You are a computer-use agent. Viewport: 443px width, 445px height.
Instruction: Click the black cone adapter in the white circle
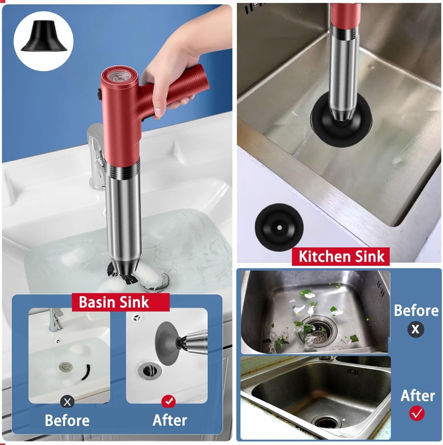click(x=44, y=38)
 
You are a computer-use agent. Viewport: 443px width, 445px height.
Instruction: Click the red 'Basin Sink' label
click(x=114, y=302)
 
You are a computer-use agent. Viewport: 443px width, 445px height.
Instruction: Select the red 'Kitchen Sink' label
click(x=341, y=256)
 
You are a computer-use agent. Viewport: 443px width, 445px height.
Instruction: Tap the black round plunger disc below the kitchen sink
click(x=279, y=227)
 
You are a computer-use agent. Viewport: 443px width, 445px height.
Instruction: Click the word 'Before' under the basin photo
click(x=67, y=420)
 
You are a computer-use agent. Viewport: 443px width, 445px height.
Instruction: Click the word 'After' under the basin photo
click(x=170, y=420)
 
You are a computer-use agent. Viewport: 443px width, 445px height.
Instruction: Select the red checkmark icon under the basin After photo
click(x=168, y=402)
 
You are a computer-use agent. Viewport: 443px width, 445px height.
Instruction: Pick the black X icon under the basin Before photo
click(x=67, y=402)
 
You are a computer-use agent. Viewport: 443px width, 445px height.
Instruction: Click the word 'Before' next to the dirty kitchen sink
click(x=416, y=310)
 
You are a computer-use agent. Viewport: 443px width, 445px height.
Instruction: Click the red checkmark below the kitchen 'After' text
click(x=417, y=413)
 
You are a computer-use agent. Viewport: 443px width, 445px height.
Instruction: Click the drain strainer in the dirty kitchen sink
click(x=320, y=331)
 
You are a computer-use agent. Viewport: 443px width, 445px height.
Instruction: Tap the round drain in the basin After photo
click(x=150, y=370)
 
